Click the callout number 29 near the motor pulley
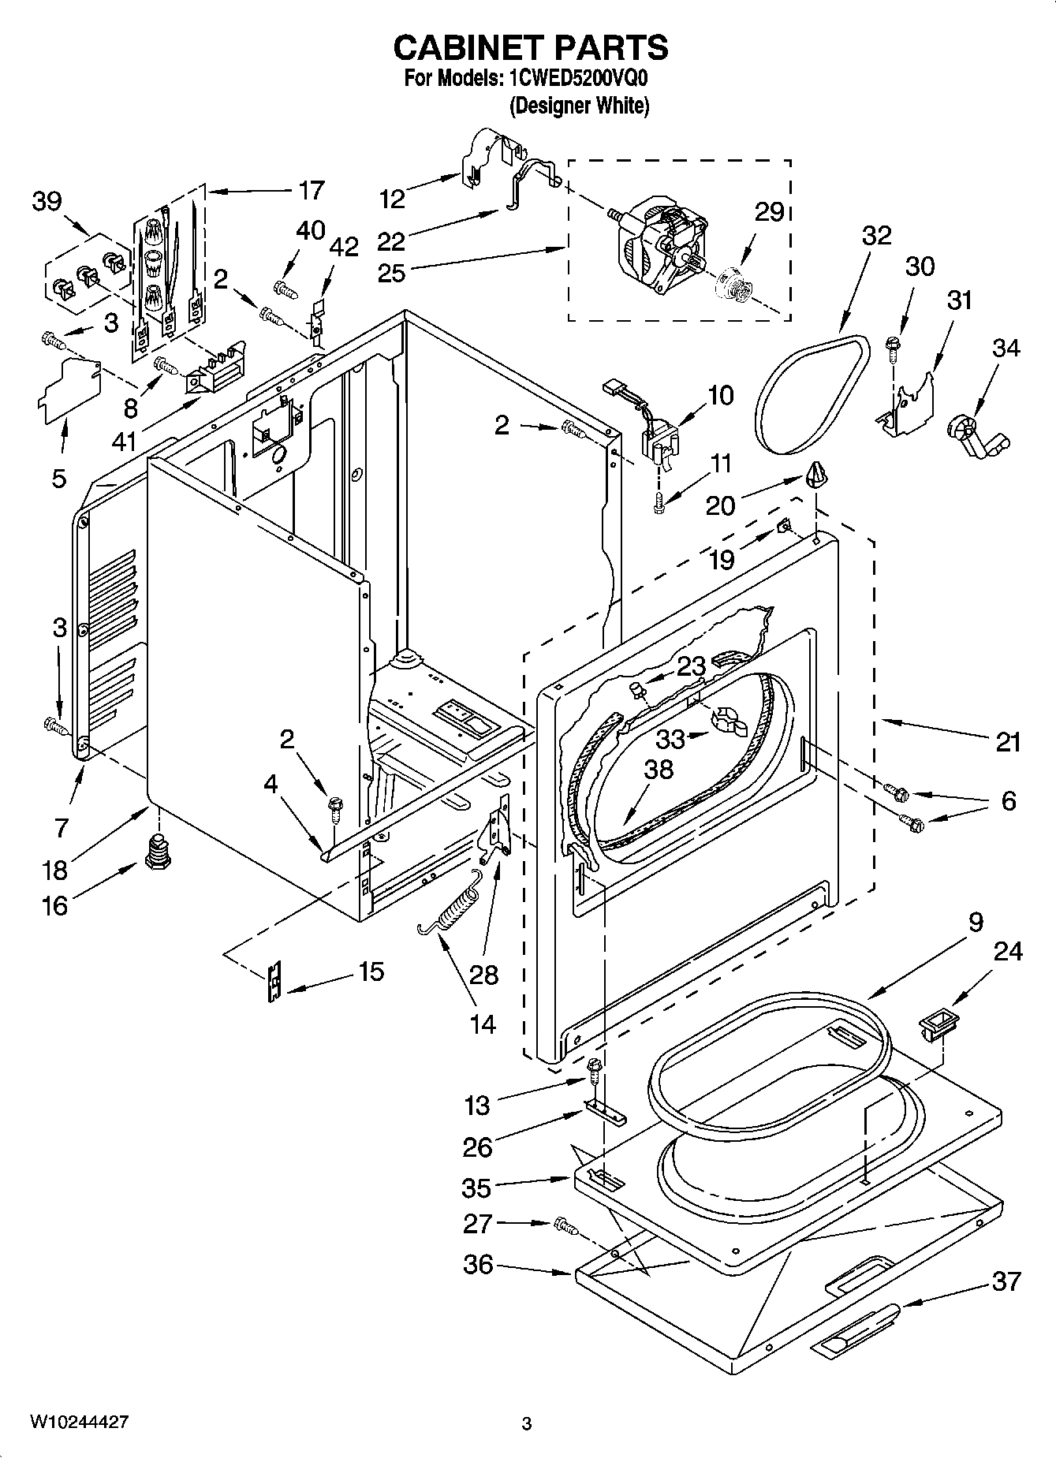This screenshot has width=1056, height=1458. (769, 211)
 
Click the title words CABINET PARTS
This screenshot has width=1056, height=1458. (530, 48)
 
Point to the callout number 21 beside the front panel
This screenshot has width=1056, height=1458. (1007, 742)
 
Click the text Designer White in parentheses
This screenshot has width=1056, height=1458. (580, 106)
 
